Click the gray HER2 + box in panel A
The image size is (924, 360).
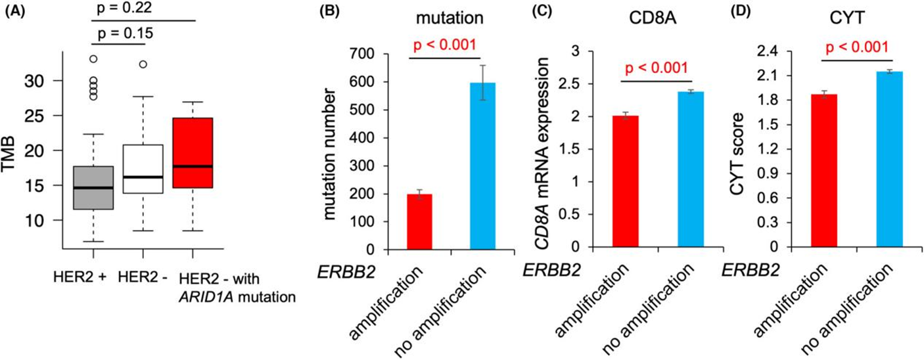95,187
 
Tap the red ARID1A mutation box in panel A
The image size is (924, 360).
193,152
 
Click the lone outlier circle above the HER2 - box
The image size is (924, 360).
143,64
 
